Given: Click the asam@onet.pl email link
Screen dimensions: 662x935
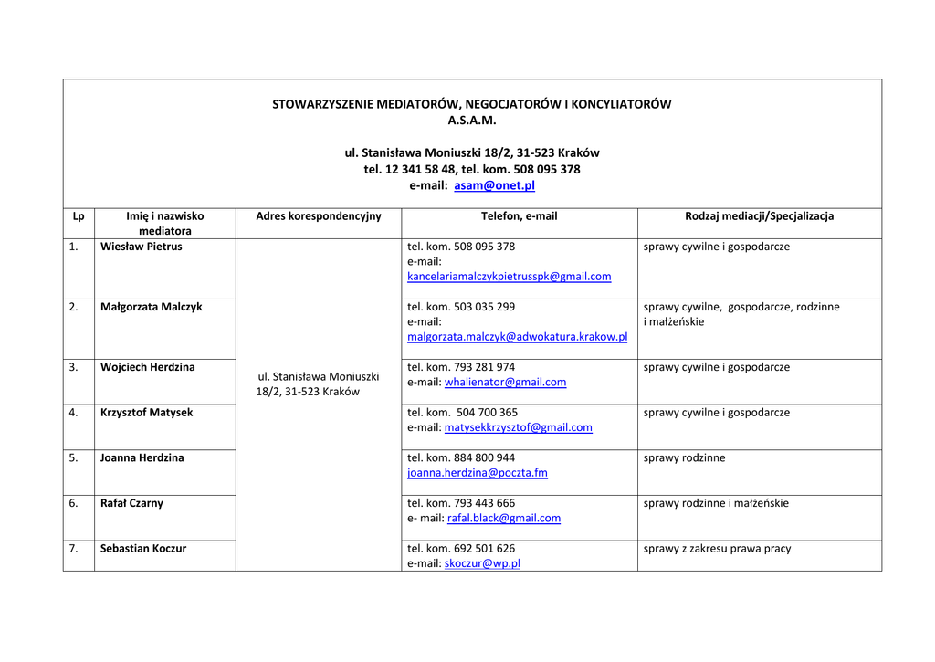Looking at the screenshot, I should (494, 185).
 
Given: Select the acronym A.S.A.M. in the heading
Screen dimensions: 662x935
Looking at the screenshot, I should (472, 120).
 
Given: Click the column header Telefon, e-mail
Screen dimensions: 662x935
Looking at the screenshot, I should (519, 216).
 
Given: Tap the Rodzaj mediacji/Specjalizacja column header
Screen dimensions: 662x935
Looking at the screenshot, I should (759, 216).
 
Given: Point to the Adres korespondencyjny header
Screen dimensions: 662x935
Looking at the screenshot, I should (319, 216).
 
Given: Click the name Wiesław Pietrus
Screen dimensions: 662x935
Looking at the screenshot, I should (141, 247).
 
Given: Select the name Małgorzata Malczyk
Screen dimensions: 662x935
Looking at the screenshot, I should (151, 307).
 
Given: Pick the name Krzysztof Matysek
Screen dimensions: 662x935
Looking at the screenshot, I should (146, 413).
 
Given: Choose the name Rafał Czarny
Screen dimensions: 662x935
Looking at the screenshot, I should (131, 503).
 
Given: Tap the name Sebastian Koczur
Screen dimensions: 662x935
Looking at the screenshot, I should (143, 549).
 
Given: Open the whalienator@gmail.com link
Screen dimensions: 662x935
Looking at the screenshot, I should (505, 383).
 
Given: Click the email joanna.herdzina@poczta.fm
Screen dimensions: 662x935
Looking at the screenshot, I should (477, 473).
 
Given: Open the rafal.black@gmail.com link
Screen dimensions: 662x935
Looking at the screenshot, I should (504, 519).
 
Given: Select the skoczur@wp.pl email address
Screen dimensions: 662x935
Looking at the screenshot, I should (482, 564).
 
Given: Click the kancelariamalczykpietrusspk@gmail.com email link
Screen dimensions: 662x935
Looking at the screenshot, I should (509, 277).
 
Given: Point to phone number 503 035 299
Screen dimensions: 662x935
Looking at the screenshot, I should (484, 307).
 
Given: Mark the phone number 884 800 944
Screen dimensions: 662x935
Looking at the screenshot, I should (484, 458).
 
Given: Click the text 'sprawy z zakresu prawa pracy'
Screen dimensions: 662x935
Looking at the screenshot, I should (717, 549).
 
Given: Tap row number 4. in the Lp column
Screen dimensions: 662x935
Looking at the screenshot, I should (73, 413).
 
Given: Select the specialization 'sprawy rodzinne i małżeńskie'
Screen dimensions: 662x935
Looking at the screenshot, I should (716, 503).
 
